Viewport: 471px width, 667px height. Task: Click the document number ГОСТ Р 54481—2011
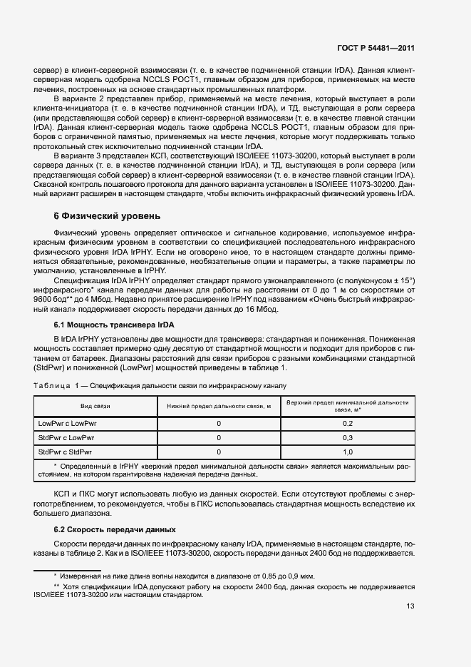(376, 49)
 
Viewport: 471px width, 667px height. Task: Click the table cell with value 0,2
(348, 424)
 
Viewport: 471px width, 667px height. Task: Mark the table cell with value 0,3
(348, 438)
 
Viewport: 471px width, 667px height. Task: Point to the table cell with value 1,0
(348, 452)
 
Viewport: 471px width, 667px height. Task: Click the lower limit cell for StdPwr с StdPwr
(219, 452)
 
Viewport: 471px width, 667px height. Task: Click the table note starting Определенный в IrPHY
(228, 469)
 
